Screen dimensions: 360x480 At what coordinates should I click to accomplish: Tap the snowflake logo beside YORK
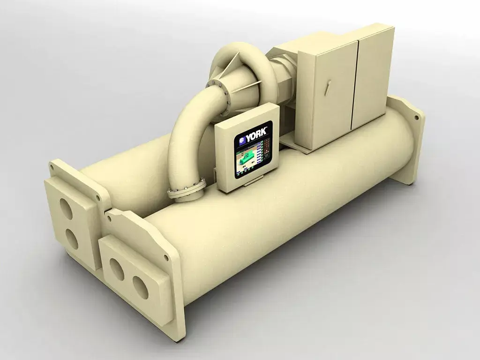[x=242, y=139]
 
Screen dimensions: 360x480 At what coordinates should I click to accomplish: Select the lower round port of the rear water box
[x=71, y=238]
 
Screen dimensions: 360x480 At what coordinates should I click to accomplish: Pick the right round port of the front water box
[x=140, y=287]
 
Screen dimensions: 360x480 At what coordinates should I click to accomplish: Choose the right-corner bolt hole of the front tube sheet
[x=166, y=257]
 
